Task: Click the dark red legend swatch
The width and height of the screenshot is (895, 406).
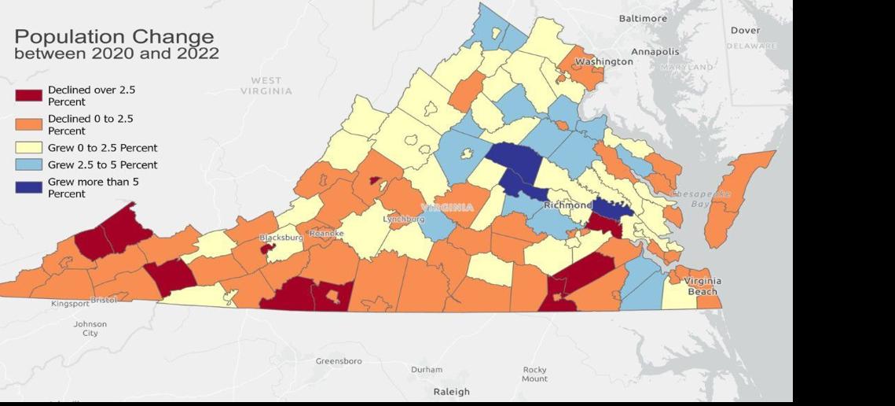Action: pyautogui.click(x=28, y=96)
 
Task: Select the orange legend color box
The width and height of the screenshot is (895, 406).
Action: pyautogui.click(x=28, y=124)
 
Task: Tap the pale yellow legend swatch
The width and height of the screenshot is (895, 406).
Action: pyautogui.click(x=28, y=148)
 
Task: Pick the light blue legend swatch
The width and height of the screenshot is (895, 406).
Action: pyautogui.click(x=28, y=165)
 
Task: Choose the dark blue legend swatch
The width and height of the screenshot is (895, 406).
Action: pyautogui.click(x=28, y=187)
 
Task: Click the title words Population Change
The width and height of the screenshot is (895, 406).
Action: pyautogui.click(x=114, y=37)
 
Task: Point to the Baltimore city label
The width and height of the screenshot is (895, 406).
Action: pyautogui.click(x=642, y=18)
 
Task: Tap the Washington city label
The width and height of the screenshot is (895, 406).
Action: pyautogui.click(x=603, y=61)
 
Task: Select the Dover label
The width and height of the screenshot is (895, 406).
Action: pyautogui.click(x=745, y=31)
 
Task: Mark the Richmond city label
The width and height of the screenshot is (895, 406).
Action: pyautogui.click(x=567, y=205)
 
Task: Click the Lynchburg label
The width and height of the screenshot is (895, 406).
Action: pyautogui.click(x=404, y=219)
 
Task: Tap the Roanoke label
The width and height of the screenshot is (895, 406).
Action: pyautogui.click(x=327, y=234)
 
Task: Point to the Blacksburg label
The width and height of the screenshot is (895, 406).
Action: pyautogui.click(x=281, y=237)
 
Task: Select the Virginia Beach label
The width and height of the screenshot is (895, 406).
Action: pyautogui.click(x=702, y=286)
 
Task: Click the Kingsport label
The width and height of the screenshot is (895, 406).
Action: pyautogui.click(x=71, y=304)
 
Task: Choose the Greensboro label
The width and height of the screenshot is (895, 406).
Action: pyautogui.click(x=339, y=361)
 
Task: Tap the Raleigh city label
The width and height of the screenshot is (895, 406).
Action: pyautogui.click(x=451, y=391)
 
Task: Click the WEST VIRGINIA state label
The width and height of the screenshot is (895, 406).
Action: pyautogui.click(x=266, y=86)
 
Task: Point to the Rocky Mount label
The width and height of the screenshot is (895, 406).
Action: pyautogui.click(x=534, y=374)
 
